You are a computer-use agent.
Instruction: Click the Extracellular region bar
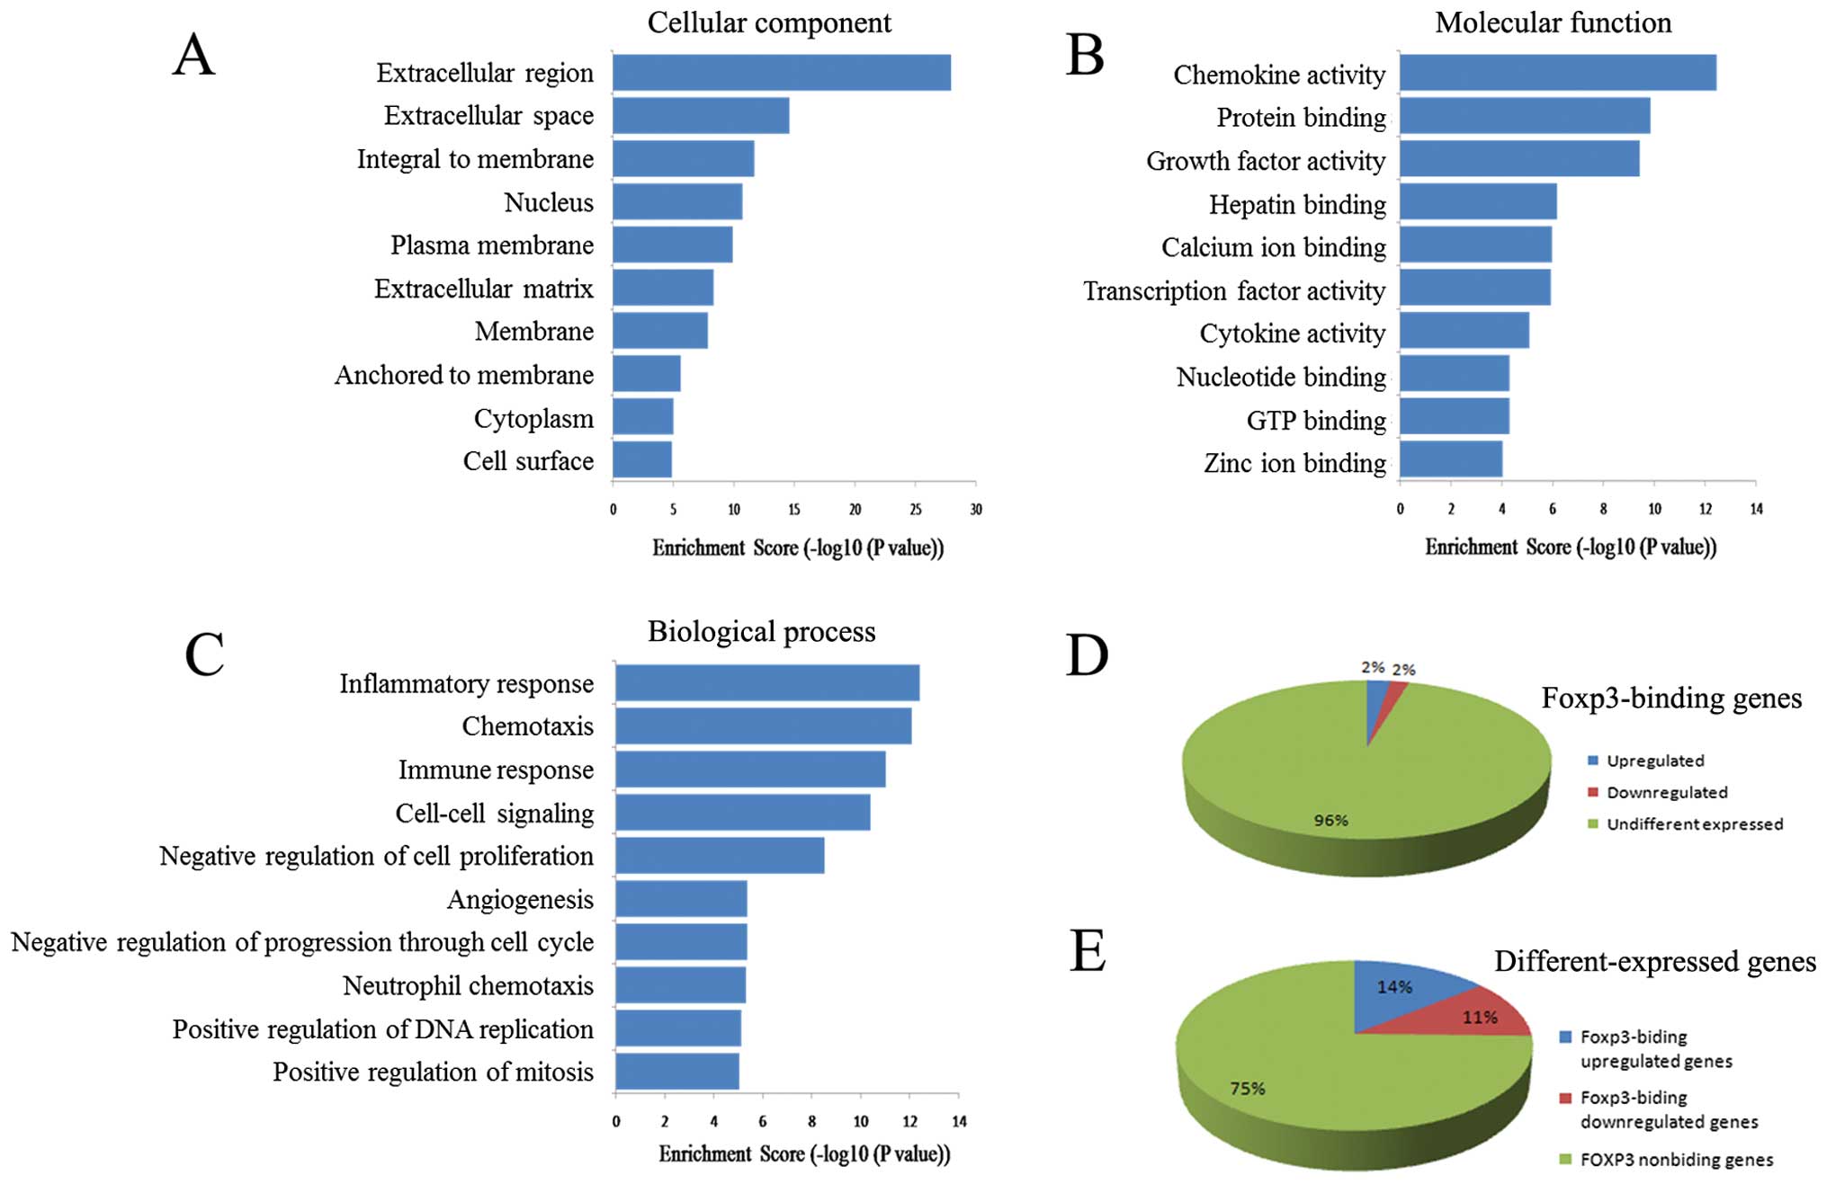(781, 73)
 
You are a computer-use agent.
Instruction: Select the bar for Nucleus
(677, 201)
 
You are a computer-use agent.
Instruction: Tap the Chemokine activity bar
(1557, 73)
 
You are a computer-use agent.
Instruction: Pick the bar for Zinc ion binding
(1450, 459)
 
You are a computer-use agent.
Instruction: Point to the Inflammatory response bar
(766, 683)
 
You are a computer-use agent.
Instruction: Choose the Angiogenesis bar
(681, 898)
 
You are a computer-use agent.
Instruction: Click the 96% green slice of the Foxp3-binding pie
(1331, 791)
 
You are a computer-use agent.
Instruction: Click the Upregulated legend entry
(1654, 761)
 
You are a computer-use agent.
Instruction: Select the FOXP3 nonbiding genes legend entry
(1676, 1160)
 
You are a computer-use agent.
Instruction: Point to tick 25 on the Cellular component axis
(915, 510)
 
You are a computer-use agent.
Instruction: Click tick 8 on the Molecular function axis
(1603, 509)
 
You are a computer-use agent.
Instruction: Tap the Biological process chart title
(761, 631)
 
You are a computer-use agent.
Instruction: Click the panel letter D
(1087, 654)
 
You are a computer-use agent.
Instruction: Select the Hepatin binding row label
(1296, 205)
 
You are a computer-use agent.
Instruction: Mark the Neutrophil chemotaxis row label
(468, 985)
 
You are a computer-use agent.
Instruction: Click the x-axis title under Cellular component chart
(798, 547)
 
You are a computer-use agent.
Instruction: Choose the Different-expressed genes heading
(1654, 961)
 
